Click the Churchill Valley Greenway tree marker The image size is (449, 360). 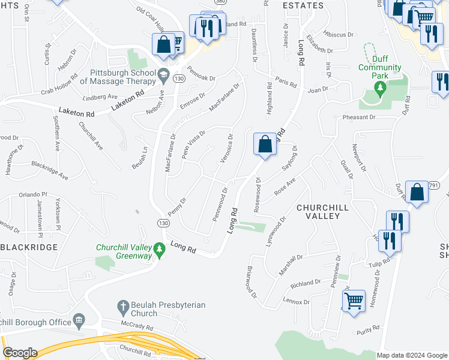click(x=159, y=248)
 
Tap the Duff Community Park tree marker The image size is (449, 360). click(x=379, y=88)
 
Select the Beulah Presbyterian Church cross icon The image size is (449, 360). click(x=123, y=306)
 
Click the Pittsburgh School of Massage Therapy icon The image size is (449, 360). click(x=163, y=76)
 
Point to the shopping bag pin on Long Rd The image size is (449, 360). click(x=265, y=144)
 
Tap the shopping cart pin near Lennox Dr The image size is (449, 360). click(x=354, y=300)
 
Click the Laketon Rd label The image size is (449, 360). click(x=77, y=112)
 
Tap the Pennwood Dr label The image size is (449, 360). click(x=220, y=205)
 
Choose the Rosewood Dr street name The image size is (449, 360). click(x=257, y=196)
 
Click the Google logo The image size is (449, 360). click(x=20, y=353)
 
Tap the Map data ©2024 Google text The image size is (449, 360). click(x=412, y=355)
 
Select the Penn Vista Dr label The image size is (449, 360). click(x=193, y=143)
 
